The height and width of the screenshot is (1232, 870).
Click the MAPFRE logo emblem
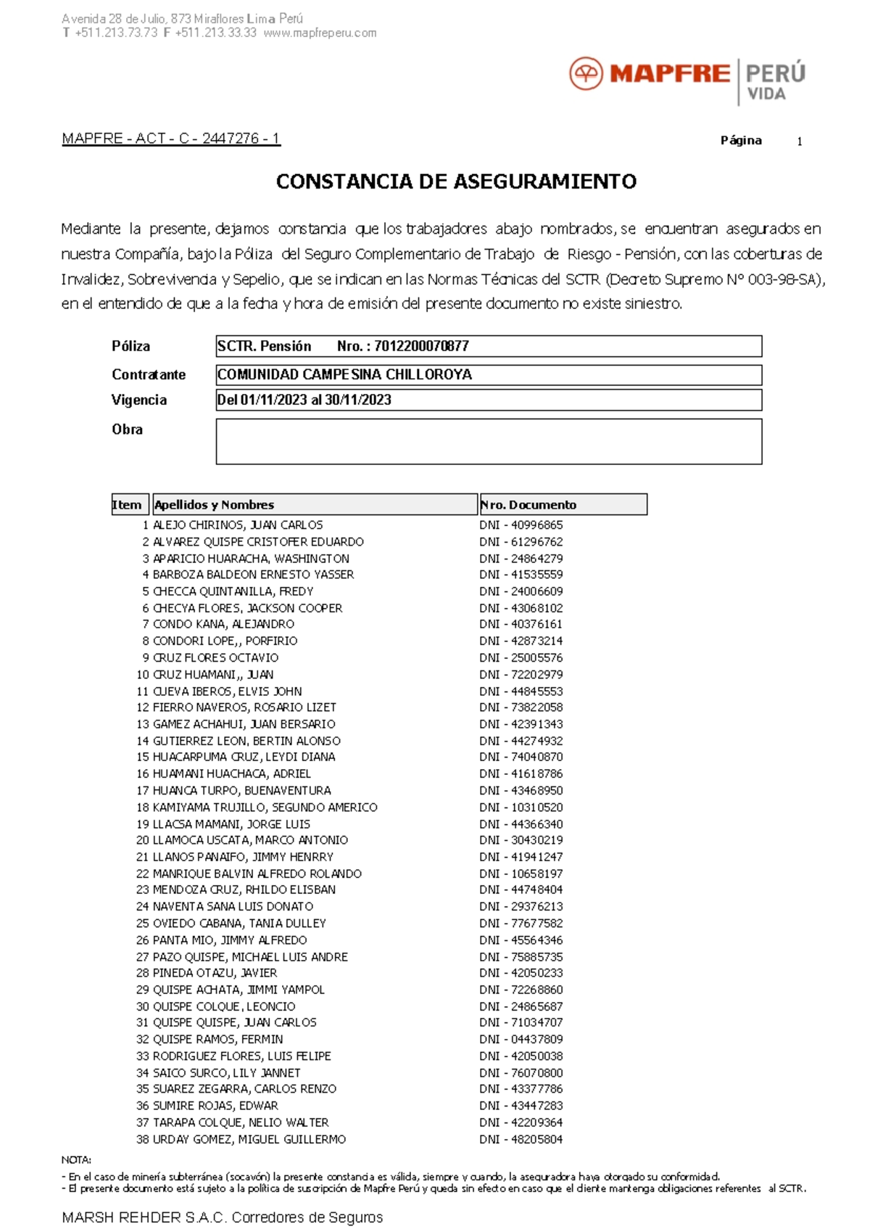[x=586, y=74]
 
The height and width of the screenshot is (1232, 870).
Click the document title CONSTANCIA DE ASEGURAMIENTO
[x=456, y=181]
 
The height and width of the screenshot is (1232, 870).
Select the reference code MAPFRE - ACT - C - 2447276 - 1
[x=171, y=139]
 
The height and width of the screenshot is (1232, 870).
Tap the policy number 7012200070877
[x=421, y=346]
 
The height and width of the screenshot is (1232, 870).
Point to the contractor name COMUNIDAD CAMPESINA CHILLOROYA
[x=344, y=374]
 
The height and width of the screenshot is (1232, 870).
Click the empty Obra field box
[x=489, y=441]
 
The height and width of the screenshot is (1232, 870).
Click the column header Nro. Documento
[x=529, y=505]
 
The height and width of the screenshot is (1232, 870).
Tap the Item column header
[x=128, y=505]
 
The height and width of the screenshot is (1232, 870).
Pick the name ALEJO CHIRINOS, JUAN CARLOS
[x=238, y=525]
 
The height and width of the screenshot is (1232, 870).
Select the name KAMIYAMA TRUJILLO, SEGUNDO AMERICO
[x=265, y=807]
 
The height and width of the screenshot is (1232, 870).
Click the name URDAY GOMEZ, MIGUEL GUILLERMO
[x=249, y=1139]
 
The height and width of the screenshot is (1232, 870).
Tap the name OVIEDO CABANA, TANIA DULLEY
[x=239, y=923]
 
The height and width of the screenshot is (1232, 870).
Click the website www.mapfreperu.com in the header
[x=320, y=33]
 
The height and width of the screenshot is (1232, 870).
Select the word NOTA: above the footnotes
[x=76, y=1159]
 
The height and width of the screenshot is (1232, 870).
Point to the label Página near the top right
[x=741, y=141]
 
